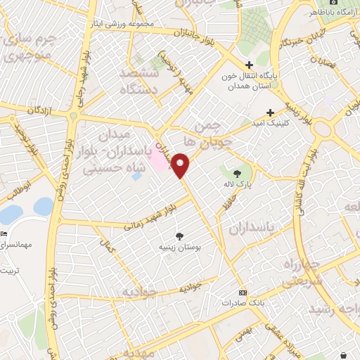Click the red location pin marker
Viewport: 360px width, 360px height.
[181, 165]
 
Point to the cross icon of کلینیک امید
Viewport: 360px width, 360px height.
[270, 112]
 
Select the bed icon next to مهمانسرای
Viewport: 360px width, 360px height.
[4, 233]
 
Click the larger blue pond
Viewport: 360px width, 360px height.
[11, 213]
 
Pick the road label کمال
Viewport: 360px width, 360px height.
[108, 245]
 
